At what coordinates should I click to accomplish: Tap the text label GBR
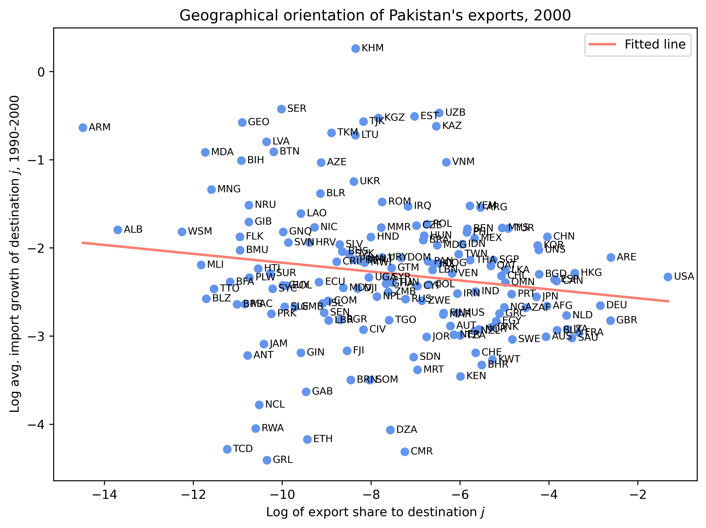pos(627,320)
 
